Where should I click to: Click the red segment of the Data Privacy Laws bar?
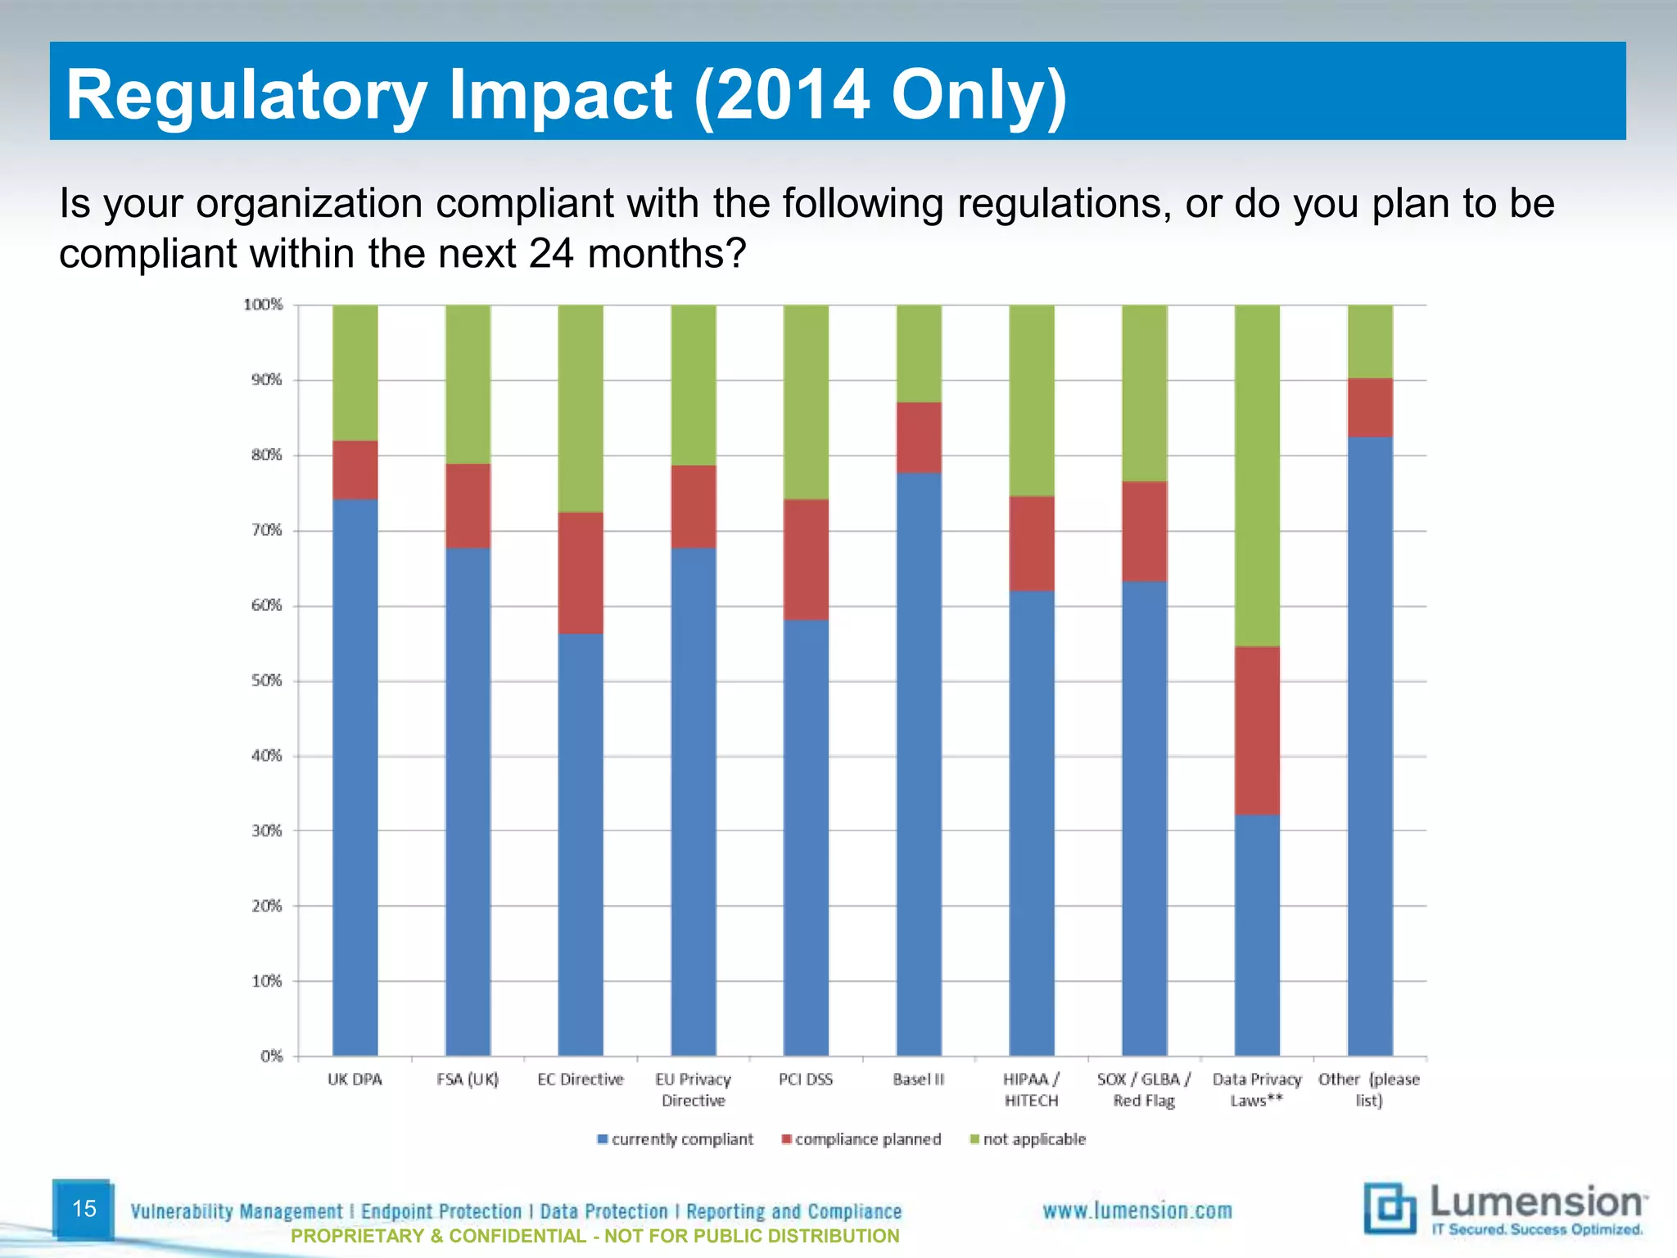point(1257,730)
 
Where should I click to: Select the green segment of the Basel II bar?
point(919,353)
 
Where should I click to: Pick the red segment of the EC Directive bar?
point(581,572)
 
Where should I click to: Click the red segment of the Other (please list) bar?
point(1370,407)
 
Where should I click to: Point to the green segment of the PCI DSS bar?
point(806,401)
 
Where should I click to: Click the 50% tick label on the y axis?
point(266,681)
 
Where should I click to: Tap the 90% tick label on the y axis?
point(266,379)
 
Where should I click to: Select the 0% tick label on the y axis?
point(271,1056)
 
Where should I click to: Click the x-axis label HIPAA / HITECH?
point(1031,1090)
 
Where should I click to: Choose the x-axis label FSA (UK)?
point(468,1079)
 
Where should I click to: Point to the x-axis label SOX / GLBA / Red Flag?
point(1144,1090)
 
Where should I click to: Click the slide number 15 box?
point(84,1209)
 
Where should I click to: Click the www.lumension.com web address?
point(1137,1210)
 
